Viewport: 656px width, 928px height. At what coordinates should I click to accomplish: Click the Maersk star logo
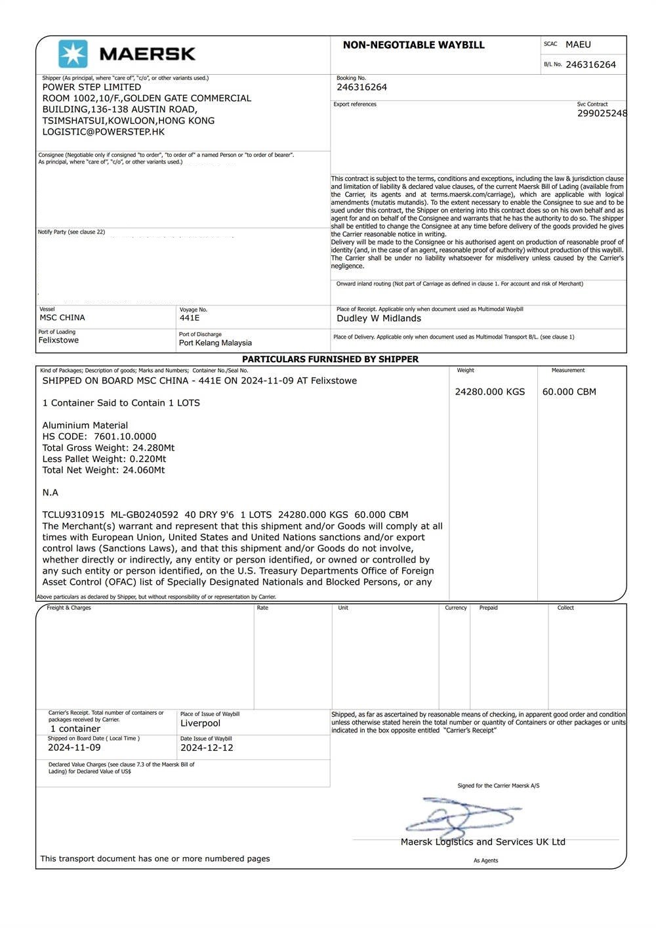coord(73,54)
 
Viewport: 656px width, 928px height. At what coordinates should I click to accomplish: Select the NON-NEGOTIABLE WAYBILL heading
coord(413,45)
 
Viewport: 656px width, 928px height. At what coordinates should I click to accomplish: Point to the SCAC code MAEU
coord(578,45)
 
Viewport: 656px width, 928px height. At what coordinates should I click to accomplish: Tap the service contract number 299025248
coord(602,114)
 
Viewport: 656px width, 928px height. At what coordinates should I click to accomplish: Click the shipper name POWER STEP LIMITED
coord(92,87)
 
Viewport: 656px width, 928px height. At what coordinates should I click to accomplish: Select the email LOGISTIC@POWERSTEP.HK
coord(104,132)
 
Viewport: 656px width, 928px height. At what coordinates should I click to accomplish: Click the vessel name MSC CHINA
coord(62,318)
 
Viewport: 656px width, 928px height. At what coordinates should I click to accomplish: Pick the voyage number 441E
coord(190,318)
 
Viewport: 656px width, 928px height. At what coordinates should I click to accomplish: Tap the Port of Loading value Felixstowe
coord(58,340)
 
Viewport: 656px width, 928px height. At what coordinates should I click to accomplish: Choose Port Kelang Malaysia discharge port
coord(215,343)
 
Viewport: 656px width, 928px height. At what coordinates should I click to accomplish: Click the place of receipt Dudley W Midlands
coord(379,318)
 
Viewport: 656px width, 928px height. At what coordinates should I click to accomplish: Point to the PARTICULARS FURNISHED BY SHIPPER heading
coord(330,359)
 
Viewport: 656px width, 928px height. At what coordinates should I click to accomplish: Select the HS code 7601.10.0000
coord(125,436)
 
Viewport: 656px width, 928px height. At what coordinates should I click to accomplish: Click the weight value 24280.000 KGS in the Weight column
coord(489,392)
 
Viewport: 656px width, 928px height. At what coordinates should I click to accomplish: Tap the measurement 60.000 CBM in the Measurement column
coord(569,392)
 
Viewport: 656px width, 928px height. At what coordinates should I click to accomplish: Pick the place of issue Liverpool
coord(200,723)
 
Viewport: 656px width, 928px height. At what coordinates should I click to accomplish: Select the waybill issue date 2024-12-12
coord(207,748)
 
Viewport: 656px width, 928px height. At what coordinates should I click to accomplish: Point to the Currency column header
coord(455,608)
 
